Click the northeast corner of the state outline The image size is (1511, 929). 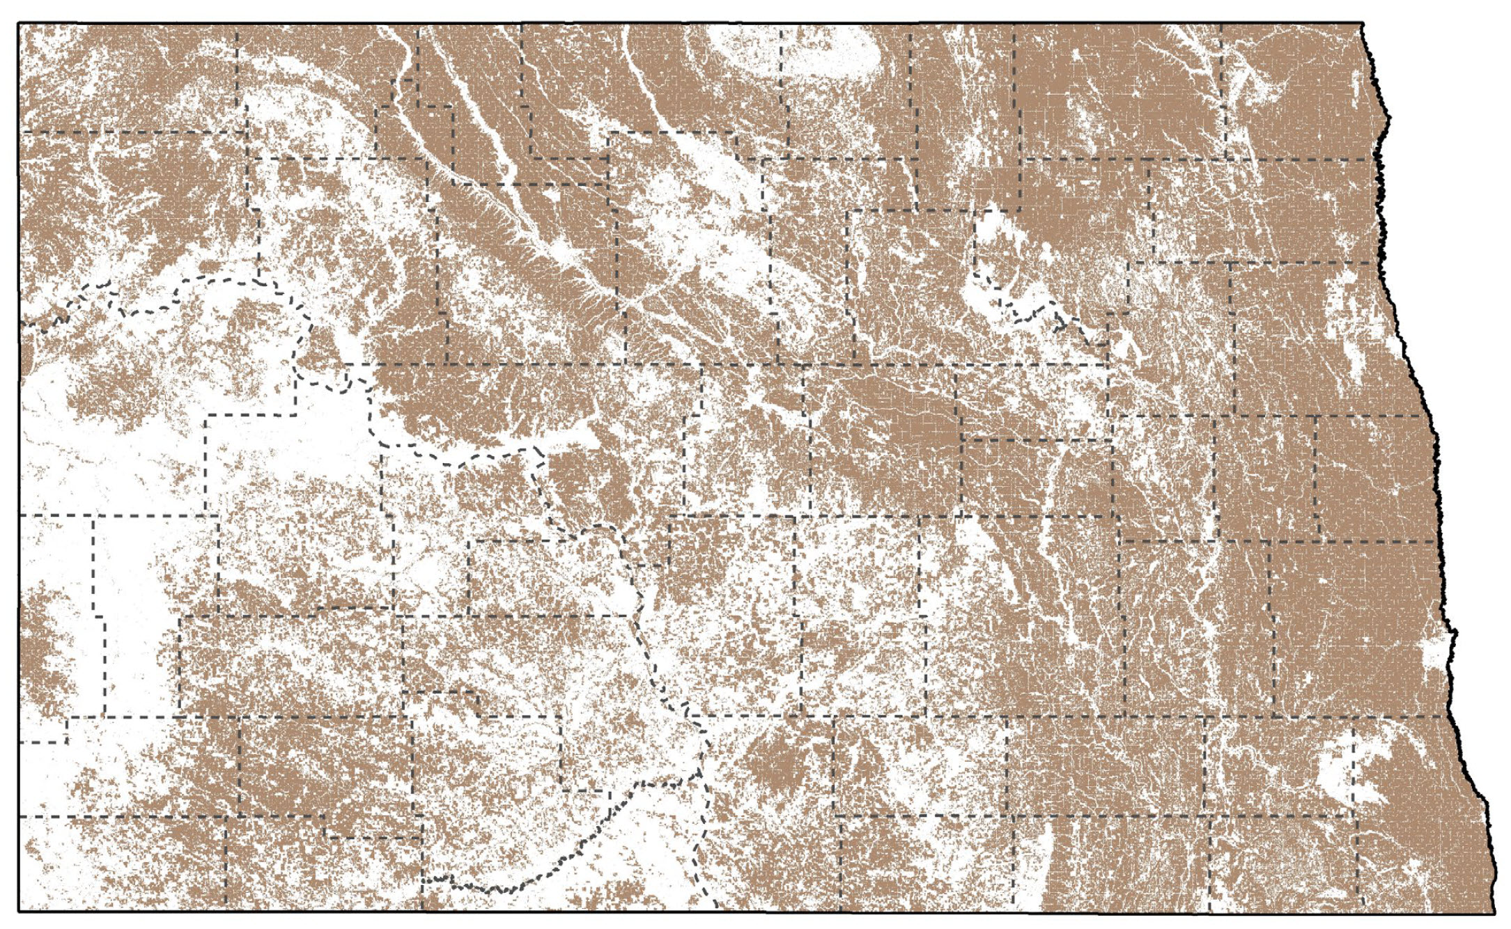pyautogui.click(x=1363, y=24)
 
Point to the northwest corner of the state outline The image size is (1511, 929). pyautogui.click(x=19, y=24)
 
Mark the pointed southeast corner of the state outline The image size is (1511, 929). pyautogui.click(x=1494, y=912)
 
